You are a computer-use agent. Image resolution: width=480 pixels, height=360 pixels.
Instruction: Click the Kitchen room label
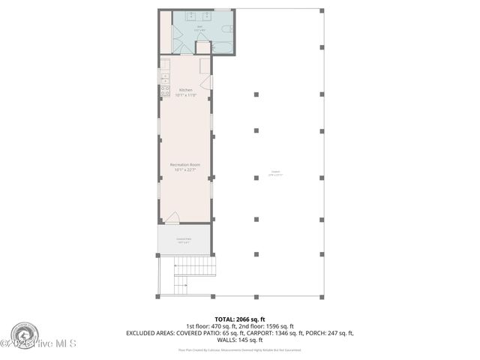tap(185, 90)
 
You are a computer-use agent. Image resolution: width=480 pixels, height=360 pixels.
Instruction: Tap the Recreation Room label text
tap(185, 164)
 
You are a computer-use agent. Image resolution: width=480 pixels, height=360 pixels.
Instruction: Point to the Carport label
tap(276, 172)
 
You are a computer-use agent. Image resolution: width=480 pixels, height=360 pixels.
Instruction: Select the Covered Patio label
tap(183, 238)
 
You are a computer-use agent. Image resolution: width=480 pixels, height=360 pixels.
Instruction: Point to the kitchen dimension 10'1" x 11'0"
tap(185, 95)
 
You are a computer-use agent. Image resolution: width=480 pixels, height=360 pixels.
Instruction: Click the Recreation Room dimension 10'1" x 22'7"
tap(185, 169)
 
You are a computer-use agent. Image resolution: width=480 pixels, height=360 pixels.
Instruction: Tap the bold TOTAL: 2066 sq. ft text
tap(239, 319)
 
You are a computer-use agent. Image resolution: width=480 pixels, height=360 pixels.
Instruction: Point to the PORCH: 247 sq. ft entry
tap(331, 332)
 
